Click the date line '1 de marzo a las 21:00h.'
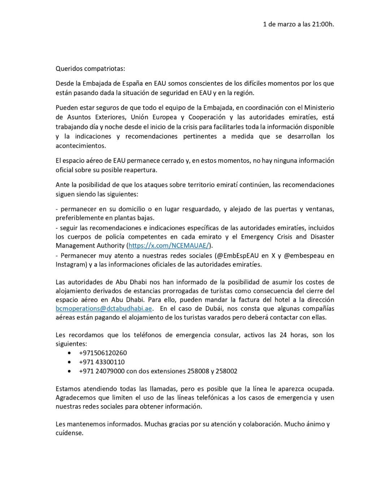click(x=298, y=24)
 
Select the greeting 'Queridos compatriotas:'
click(x=90, y=69)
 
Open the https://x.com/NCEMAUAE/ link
click(x=169, y=246)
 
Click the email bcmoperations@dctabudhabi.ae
click(x=104, y=309)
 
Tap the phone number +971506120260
click(x=103, y=353)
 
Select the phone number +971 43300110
click(x=102, y=362)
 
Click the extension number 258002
click(x=226, y=371)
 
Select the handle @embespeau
click(x=304, y=256)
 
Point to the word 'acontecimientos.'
click(x=81, y=146)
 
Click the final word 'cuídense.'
click(x=69, y=433)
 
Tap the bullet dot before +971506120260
click(x=69, y=353)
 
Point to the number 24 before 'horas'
click(x=283, y=335)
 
